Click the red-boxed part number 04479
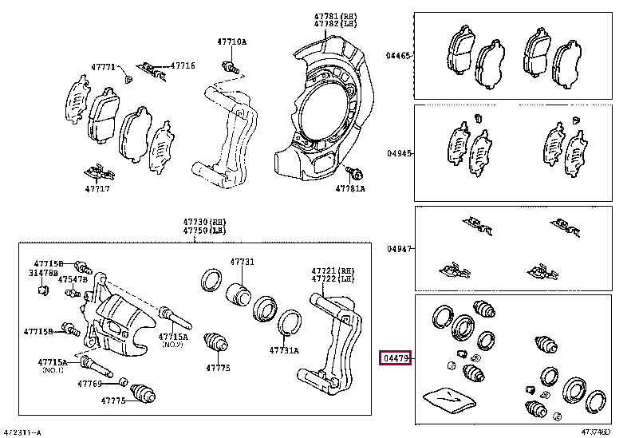(x=395, y=360)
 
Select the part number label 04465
(x=398, y=56)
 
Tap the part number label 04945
(x=398, y=153)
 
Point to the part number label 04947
(x=398, y=249)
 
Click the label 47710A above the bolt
(x=232, y=41)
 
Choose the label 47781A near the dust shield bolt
(x=350, y=189)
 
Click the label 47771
(x=101, y=67)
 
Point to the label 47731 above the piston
(x=243, y=262)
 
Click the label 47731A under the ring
(x=283, y=349)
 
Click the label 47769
(x=89, y=384)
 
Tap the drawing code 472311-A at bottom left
(x=22, y=432)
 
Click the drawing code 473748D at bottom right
(x=595, y=432)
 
